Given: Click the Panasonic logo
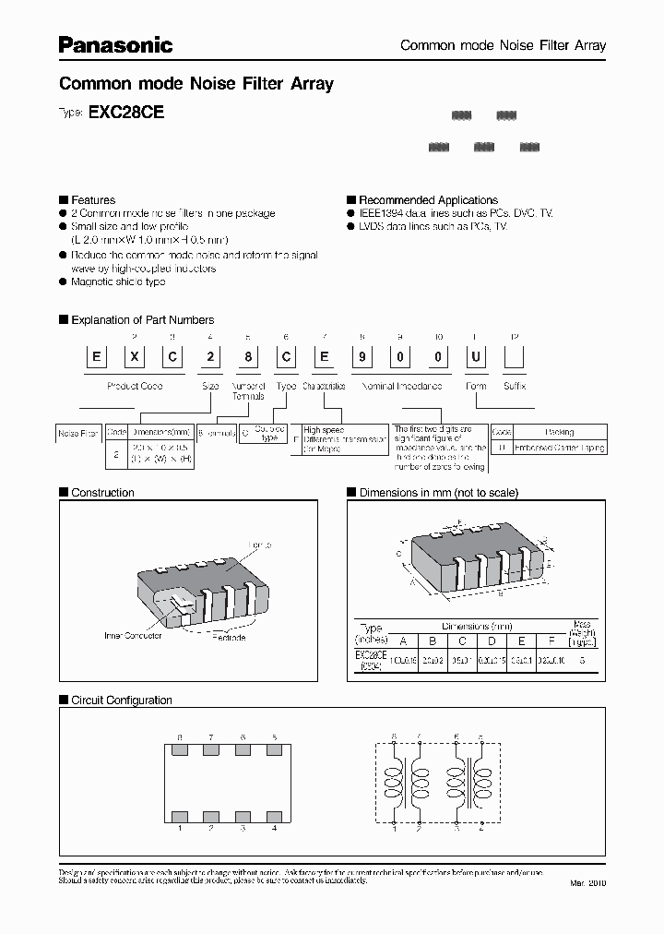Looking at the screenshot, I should click(115, 44).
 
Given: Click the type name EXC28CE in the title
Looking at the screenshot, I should click(125, 113).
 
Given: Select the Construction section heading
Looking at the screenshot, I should click(102, 493).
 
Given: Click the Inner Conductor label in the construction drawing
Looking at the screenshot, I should click(133, 635).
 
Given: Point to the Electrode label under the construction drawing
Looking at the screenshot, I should click(230, 637).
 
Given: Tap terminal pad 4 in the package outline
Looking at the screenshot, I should click(274, 817).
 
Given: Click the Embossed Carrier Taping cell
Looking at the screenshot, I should click(560, 448).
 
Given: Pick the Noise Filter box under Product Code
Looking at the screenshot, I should click(78, 432).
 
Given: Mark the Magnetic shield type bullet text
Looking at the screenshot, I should click(118, 281).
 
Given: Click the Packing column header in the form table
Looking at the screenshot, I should click(560, 432).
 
